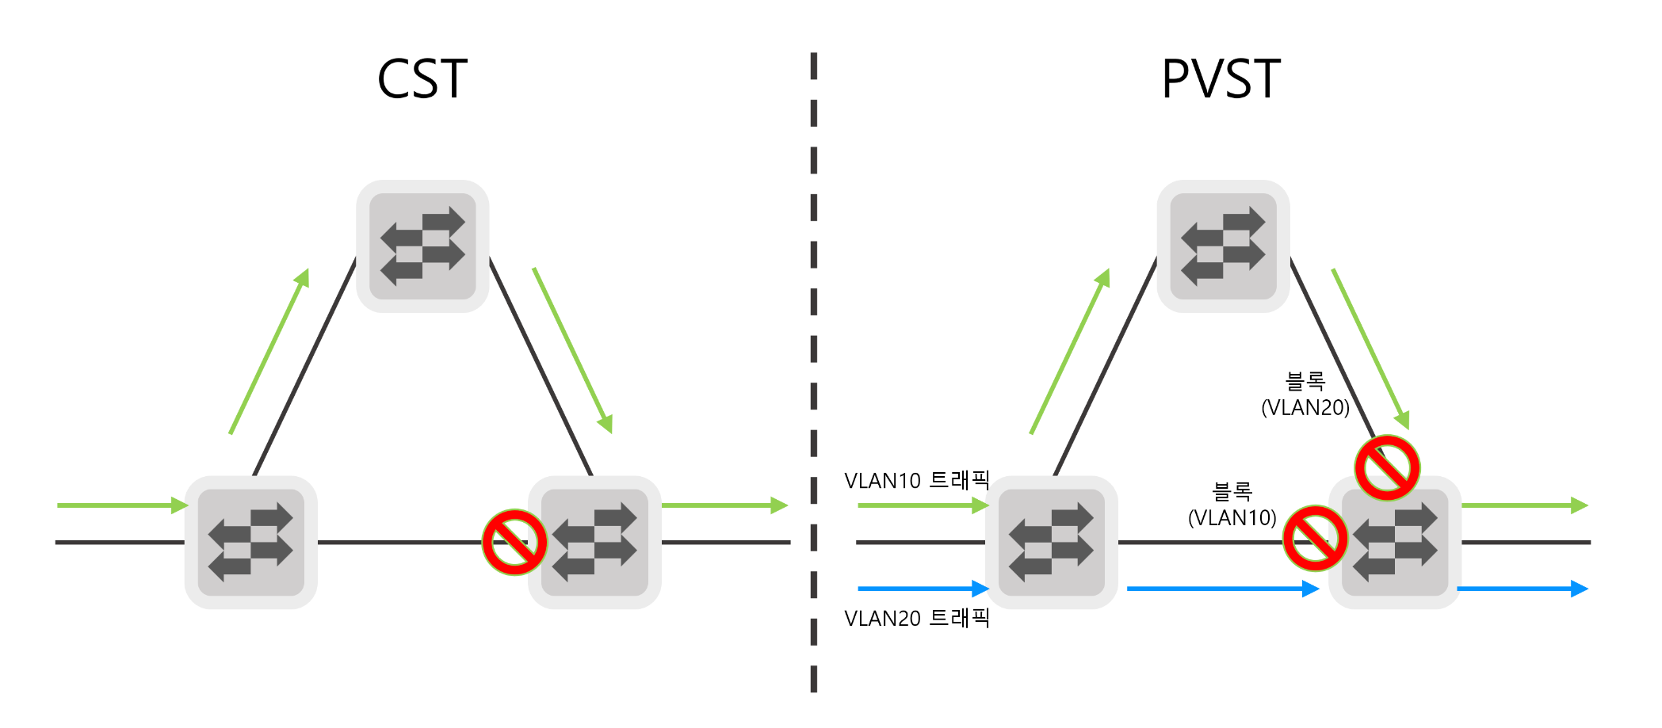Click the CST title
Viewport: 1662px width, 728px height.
[422, 79]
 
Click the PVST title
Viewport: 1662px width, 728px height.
[1221, 79]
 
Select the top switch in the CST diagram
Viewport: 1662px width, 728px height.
[422, 246]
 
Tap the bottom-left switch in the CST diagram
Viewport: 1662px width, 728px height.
[251, 542]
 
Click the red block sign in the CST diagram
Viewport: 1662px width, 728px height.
[514, 542]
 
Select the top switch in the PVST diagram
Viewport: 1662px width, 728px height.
[1223, 246]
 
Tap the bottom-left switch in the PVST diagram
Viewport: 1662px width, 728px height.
[1052, 542]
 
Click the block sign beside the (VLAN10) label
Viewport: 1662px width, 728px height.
[1315, 539]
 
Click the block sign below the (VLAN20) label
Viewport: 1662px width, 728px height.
[1387, 467]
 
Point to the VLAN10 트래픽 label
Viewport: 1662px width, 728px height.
[917, 481]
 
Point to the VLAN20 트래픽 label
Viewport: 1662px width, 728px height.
[917, 618]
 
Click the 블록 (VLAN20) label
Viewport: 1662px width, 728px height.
[1305, 394]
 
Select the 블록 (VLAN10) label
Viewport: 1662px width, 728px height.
[1232, 505]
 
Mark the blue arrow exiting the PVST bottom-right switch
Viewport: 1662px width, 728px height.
[1523, 589]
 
